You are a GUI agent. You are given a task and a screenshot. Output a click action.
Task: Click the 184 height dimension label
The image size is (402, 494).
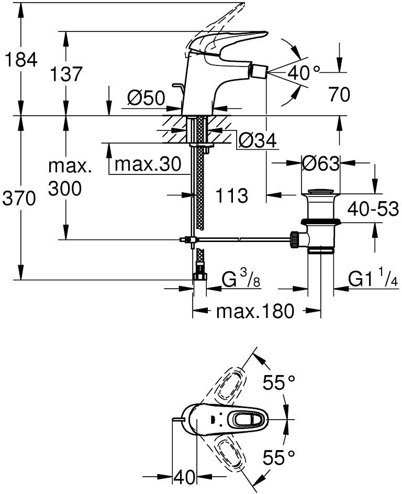[20, 60]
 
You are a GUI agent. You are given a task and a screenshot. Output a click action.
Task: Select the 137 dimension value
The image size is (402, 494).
[66, 74]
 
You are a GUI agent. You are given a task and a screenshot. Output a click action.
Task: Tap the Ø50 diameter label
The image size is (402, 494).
[146, 98]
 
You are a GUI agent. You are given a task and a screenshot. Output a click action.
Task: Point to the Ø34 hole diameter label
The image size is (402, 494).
[256, 140]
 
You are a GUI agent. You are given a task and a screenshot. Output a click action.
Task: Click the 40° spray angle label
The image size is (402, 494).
[304, 74]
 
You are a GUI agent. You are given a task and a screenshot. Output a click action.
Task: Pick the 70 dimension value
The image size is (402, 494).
[339, 95]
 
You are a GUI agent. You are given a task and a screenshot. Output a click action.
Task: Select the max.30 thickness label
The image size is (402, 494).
[148, 164]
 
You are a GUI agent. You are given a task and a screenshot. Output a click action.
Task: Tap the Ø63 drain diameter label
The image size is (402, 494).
[321, 164]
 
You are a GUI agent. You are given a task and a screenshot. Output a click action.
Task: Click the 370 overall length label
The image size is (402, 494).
[20, 199]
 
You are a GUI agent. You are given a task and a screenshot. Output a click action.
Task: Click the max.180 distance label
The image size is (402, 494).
[255, 311]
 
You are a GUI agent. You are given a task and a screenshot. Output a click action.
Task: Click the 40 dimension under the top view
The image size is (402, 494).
[184, 477]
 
